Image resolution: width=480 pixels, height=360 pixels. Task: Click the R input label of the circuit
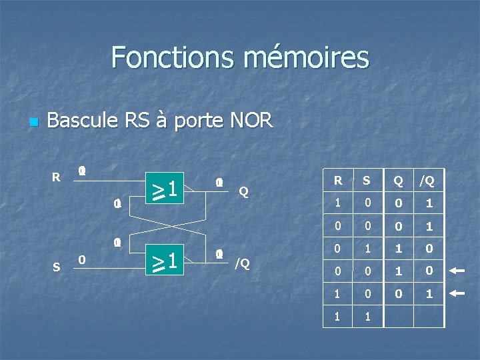click(x=57, y=177)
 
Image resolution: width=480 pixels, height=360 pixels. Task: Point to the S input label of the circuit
click(x=56, y=267)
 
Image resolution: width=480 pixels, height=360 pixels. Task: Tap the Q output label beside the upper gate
click(x=244, y=191)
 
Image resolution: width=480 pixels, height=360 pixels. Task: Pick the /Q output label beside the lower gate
click(x=242, y=263)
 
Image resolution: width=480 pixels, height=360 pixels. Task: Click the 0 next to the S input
click(x=81, y=259)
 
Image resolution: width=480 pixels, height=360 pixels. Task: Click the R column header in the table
click(x=338, y=180)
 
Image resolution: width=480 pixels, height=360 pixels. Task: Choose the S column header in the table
click(x=366, y=180)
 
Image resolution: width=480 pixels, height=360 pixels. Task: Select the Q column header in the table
click(x=398, y=180)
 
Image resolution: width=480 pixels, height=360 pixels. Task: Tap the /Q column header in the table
click(x=427, y=180)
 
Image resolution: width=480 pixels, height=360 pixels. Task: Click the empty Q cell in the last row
click(x=398, y=316)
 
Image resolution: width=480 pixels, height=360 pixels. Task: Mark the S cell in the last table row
click(x=366, y=316)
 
